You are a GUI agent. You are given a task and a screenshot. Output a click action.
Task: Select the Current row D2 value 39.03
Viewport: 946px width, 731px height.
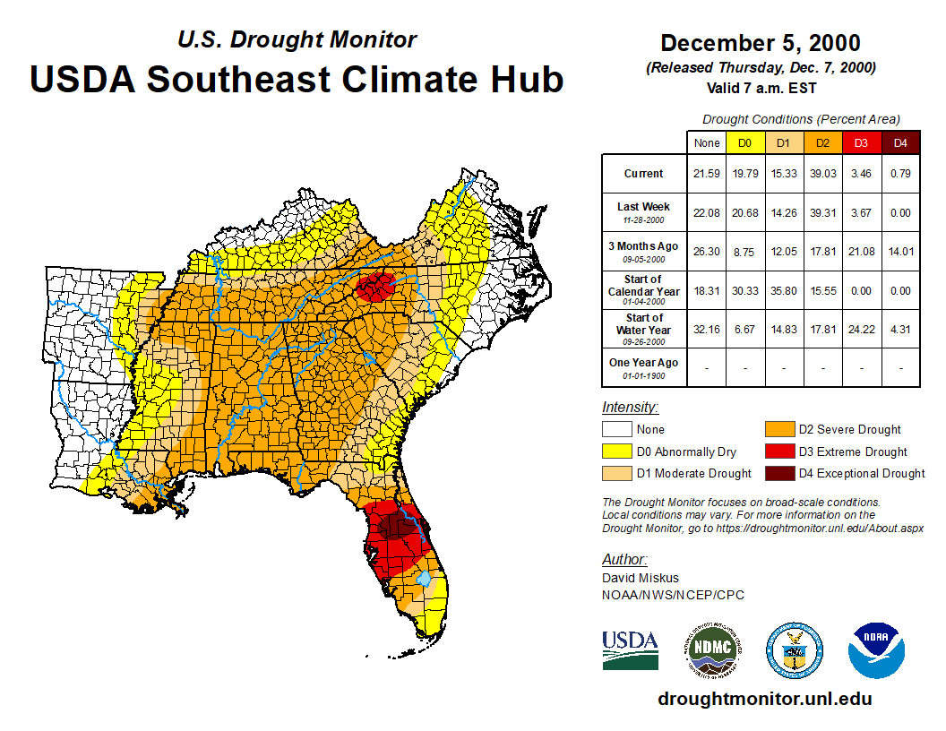821,174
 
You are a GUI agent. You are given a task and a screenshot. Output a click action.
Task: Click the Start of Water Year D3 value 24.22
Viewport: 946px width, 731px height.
861,329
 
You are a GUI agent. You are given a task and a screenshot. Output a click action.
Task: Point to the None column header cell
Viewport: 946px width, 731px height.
707,142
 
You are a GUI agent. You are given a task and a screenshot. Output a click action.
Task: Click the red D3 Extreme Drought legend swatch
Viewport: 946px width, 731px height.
779,451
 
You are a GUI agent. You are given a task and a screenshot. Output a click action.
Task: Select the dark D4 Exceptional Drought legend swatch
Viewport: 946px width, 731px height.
779,473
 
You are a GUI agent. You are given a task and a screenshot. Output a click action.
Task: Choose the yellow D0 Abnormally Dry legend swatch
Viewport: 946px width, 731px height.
616,451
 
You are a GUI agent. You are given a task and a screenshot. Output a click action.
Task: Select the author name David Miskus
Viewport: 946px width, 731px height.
640,578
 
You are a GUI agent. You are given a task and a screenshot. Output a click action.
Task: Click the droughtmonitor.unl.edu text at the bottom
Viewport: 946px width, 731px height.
764,699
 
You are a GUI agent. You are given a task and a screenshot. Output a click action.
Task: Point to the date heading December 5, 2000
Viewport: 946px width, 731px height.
760,43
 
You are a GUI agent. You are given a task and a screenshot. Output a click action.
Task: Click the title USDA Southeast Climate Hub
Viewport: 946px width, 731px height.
297,79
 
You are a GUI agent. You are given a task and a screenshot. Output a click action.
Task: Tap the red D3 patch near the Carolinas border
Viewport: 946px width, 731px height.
376,288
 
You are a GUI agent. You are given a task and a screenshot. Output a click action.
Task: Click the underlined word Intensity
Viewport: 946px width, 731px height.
630,407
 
